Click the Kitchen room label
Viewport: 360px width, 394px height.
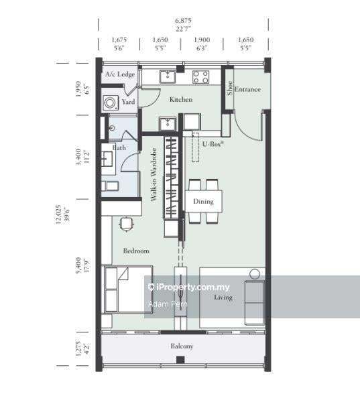[181, 99]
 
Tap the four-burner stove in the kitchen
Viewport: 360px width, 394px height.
[200, 77]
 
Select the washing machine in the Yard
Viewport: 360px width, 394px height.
[111, 103]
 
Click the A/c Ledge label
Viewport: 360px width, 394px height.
[120, 74]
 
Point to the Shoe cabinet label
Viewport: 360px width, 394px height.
[230, 88]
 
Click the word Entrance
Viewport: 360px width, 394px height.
[247, 89]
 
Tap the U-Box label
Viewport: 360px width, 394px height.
[213, 144]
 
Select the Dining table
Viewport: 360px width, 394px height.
[204, 201]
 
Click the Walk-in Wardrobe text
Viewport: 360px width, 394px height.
[154, 174]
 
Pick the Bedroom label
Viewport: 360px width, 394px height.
[136, 251]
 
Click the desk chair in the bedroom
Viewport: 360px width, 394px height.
[126, 224]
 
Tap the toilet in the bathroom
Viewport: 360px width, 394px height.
[110, 186]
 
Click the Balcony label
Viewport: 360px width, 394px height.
[182, 346]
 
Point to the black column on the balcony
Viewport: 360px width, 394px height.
[180, 360]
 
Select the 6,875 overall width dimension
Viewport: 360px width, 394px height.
[183, 20]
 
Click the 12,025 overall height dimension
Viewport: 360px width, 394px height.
[58, 214]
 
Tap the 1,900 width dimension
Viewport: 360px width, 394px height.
[202, 40]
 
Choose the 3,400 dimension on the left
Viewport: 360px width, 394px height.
[78, 157]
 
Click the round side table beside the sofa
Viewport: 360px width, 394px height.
[255, 273]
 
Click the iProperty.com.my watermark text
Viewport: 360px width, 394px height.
[189, 287]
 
